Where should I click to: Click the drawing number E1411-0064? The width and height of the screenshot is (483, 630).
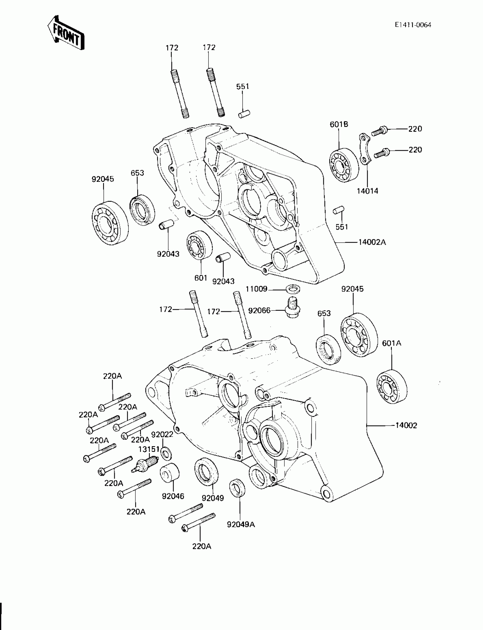tap(413, 25)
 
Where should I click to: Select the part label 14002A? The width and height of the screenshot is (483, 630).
tap(372, 242)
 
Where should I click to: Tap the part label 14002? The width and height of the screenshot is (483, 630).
tap(406, 433)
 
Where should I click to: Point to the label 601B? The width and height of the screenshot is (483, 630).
tap(339, 124)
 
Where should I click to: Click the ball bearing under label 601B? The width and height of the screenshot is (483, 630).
tap(343, 165)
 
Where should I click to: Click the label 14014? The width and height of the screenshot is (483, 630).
tap(367, 191)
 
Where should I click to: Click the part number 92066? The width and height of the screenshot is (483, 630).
tap(259, 310)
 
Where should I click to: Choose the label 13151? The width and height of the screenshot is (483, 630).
tap(149, 449)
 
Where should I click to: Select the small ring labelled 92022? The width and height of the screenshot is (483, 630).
tap(166, 454)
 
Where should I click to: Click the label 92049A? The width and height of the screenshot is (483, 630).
tap(241, 524)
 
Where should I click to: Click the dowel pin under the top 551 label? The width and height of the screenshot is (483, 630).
tap(244, 114)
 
